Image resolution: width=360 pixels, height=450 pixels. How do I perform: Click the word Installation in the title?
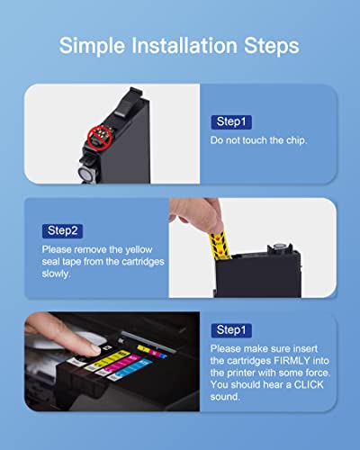(x=184, y=46)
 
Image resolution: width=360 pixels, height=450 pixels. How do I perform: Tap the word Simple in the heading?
(x=92, y=47)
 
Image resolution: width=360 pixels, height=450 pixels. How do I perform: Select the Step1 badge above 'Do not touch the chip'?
(x=231, y=121)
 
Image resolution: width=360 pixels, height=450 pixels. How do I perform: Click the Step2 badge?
(x=62, y=231)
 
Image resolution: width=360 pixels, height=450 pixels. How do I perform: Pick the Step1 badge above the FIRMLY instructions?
(x=231, y=330)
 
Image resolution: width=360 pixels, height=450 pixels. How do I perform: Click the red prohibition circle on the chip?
(x=100, y=138)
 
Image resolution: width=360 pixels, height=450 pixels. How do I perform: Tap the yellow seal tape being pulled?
(x=220, y=245)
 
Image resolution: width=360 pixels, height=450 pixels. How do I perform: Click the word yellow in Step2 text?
(x=139, y=250)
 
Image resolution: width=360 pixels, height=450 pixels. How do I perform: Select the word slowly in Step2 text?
(x=56, y=274)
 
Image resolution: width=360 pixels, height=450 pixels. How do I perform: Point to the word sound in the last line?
(x=225, y=397)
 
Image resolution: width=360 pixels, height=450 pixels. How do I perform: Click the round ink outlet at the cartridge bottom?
(x=85, y=174)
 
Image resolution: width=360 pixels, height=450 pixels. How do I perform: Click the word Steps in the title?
(x=272, y=46)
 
